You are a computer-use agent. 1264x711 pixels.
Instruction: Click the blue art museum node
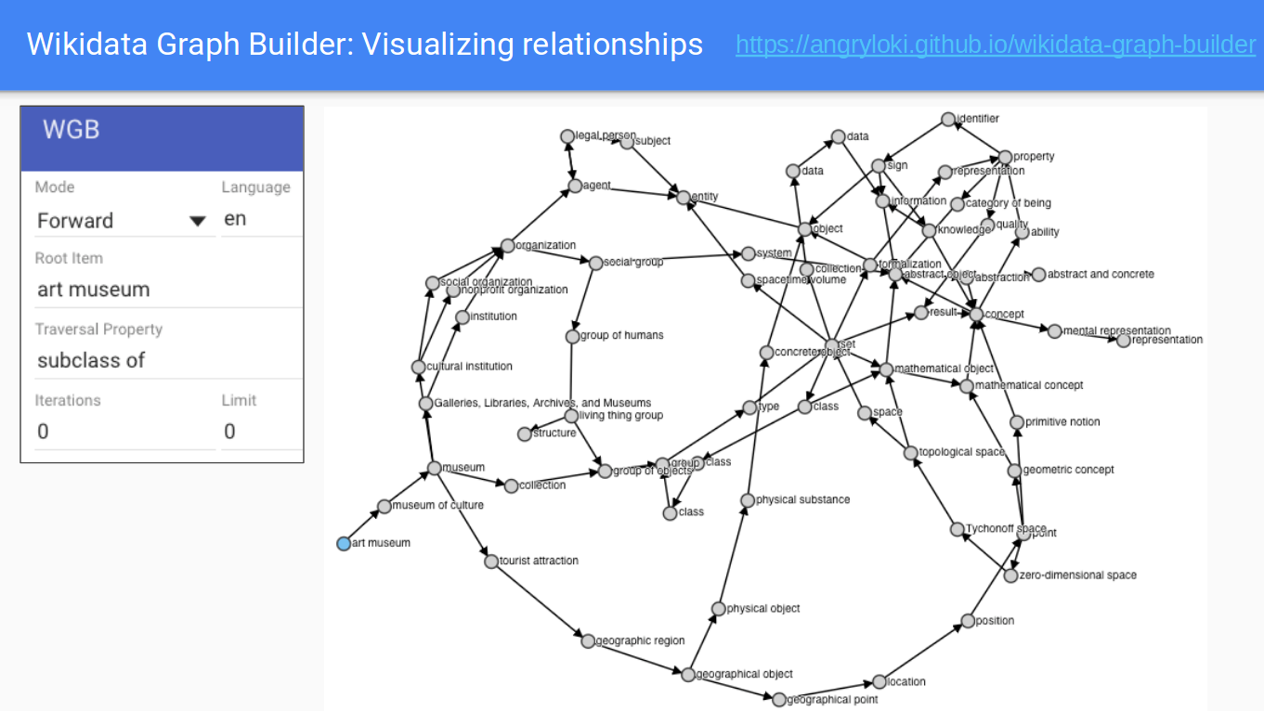coord(344,543)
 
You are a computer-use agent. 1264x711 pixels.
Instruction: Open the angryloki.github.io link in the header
coord(995,44)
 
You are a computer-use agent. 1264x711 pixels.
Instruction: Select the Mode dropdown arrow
coord(197,221)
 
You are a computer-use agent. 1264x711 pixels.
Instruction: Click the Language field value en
coord(236,220)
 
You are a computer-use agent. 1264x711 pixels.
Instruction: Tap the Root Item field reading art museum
coord(94,290)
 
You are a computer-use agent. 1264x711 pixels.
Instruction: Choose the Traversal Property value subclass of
coord(91,360)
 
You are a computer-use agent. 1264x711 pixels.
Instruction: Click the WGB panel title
coord(72,130)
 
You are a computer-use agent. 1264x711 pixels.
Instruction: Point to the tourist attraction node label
coord(539,561)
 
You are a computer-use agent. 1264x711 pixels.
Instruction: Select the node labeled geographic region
coord(588,640)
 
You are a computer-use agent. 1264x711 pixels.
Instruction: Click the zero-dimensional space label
coord(1077,575)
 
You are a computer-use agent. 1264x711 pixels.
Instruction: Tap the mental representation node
coord(1054,331)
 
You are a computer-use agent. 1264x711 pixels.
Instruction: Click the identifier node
coord(947,119)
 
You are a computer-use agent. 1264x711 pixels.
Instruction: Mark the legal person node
coord(567,136)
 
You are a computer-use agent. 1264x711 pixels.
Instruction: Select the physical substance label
coord(802,499)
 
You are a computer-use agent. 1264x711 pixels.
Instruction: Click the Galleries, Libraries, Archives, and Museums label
coord(542,403)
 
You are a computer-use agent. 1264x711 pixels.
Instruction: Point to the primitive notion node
coord(1017,422)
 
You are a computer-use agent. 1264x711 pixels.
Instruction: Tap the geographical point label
coord(832,700)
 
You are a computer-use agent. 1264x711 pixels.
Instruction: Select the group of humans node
coord(573,336)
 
